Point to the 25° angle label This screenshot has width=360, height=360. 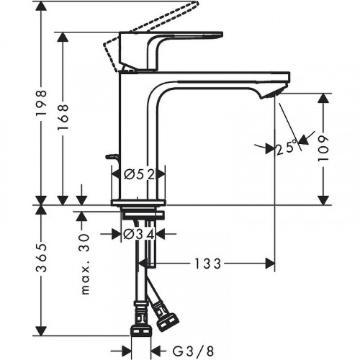[286, 148]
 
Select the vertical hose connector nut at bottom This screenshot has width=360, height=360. [140, 332]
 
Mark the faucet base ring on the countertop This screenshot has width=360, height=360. [138, 200]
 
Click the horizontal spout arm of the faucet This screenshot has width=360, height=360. [216, 78]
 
